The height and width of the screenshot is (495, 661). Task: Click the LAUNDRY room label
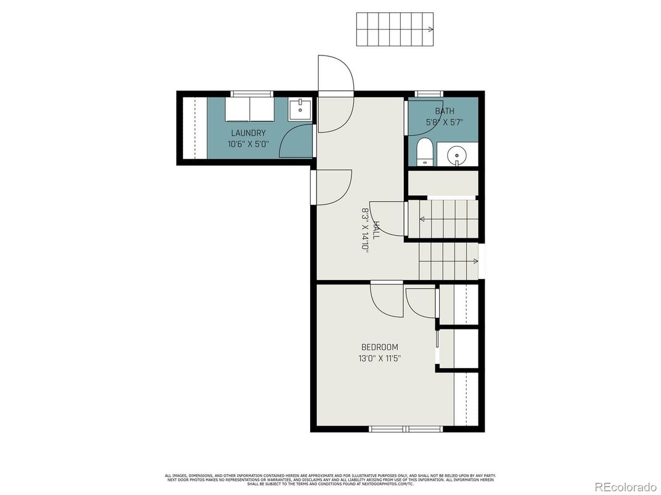[248, 133]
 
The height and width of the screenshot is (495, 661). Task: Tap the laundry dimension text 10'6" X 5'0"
[248, 145]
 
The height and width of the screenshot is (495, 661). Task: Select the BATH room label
[444, 111]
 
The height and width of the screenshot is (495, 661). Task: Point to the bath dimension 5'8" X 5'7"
[444, 122]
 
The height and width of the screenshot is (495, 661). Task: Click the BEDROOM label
[379, 347]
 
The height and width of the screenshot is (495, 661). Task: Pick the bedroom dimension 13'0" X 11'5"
[379, 358]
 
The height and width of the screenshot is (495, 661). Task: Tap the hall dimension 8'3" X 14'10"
[365, 231]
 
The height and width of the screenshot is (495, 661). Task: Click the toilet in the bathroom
[425, 152]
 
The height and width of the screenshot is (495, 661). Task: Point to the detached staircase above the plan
[395, 29]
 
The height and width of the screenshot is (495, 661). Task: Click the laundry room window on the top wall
[251, 94]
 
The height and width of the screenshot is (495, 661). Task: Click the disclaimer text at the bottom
[330, 480]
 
